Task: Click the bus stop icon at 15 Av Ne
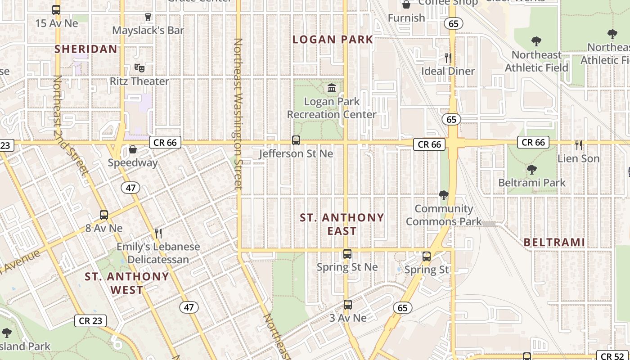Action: click(x=56, y=9)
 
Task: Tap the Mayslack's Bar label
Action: click(x=148, y=30)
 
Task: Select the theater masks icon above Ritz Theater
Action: click(x=139, y=68)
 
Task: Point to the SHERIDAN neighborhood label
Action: click(x=86, y=49)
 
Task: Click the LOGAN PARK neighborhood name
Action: click(x=333, y=40)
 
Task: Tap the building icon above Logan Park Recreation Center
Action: click(x=332, y=88)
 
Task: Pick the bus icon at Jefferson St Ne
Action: click(x=296, y=140)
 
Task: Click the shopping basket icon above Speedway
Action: click(x=133, y=149)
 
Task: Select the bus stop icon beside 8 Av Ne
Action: click(x=104, y=215)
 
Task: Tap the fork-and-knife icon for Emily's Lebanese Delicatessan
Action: click(x=158, y=233)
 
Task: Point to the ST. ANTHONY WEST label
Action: click(x=127, y=283)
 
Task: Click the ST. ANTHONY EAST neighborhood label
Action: click(x=342, y=224)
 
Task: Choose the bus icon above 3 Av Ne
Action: click(x=347, y=305)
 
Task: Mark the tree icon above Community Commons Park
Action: click(x=443, y=195)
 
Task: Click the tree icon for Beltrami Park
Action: click(x=531, y=170)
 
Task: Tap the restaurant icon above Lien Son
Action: click(x=579, y=145)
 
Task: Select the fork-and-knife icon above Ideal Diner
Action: click(x=448, y=58)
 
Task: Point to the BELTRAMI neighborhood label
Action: click(x=554, y=243)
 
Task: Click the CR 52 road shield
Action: click(x=613, y=356)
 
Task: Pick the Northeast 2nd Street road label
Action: click(x=69, y=124)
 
